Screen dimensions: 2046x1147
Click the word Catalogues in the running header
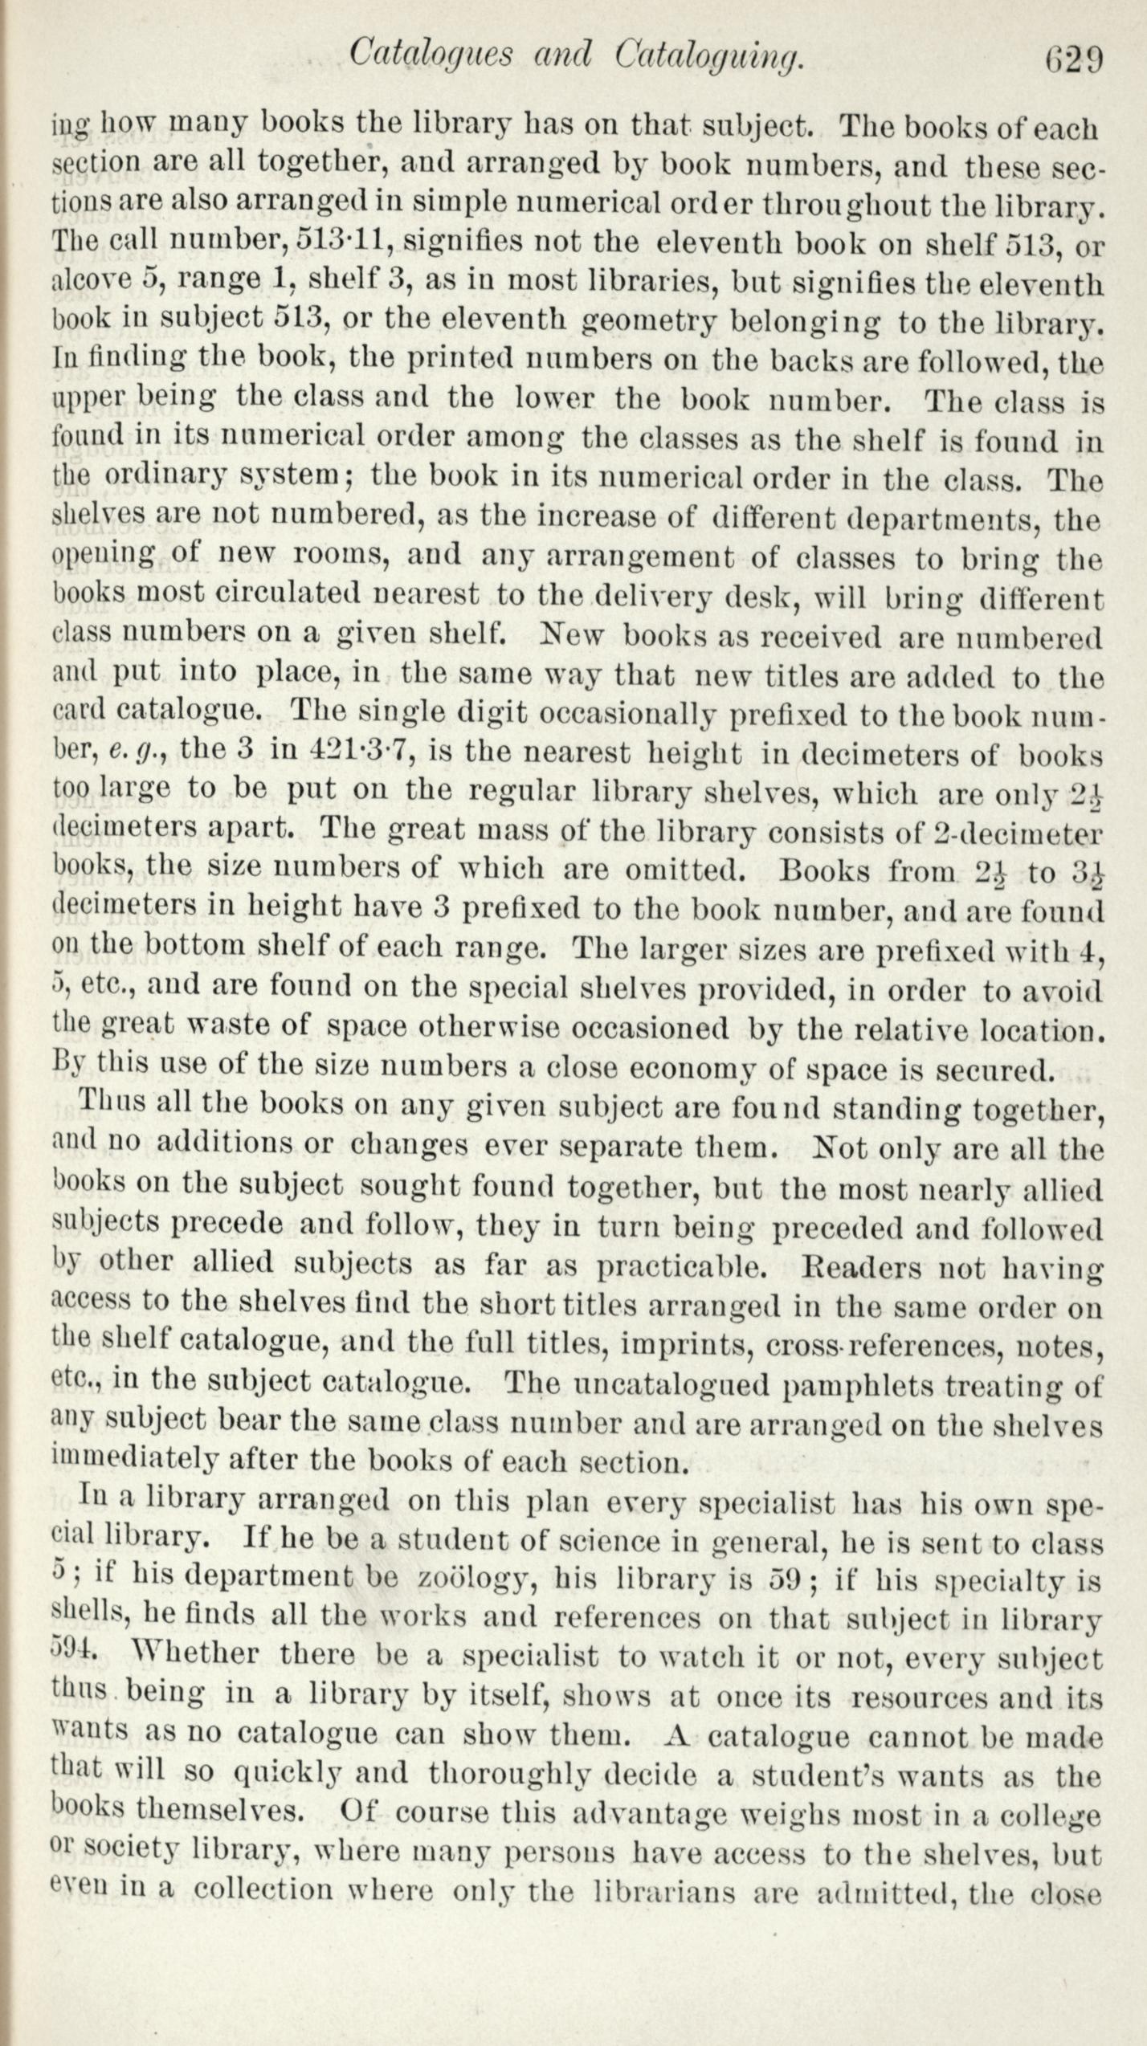[x=431, y=55]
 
